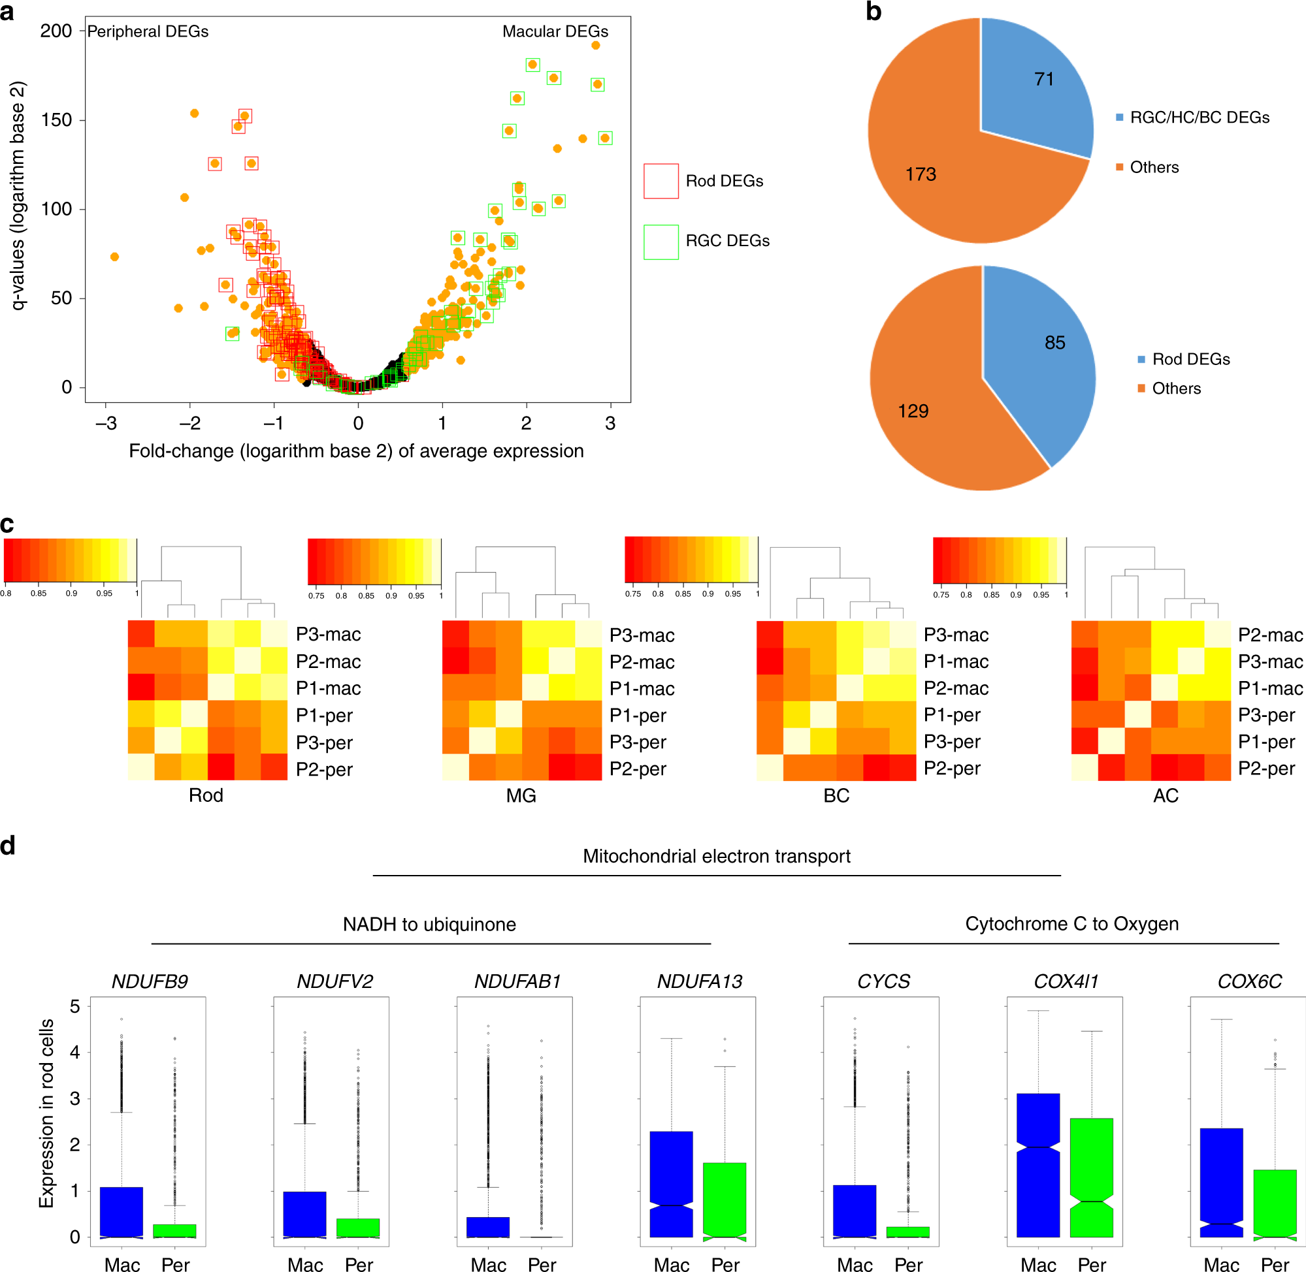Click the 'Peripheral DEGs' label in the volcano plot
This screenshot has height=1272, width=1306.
148,31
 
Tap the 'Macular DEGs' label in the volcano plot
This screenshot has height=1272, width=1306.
555,31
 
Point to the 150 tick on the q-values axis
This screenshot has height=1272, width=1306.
56,120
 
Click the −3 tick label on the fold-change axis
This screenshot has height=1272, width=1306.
106,424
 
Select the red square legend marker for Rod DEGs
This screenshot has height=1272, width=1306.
661,181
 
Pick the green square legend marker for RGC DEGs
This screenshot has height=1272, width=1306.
661,241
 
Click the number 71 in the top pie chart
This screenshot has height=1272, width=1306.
1043,80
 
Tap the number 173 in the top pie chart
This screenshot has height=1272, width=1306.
921,174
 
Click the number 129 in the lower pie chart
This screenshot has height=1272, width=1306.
913,411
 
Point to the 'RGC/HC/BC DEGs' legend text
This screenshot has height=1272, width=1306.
1199,118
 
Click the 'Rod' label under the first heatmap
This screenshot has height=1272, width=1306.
206,795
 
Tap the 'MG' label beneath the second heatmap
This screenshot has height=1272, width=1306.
521,795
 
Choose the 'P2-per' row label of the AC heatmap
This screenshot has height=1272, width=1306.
1266,769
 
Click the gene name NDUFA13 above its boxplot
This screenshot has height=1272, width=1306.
699,981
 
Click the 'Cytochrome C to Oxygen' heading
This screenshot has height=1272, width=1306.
1071,924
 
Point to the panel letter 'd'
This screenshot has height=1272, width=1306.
8,846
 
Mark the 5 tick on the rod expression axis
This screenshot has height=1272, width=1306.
75,1007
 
